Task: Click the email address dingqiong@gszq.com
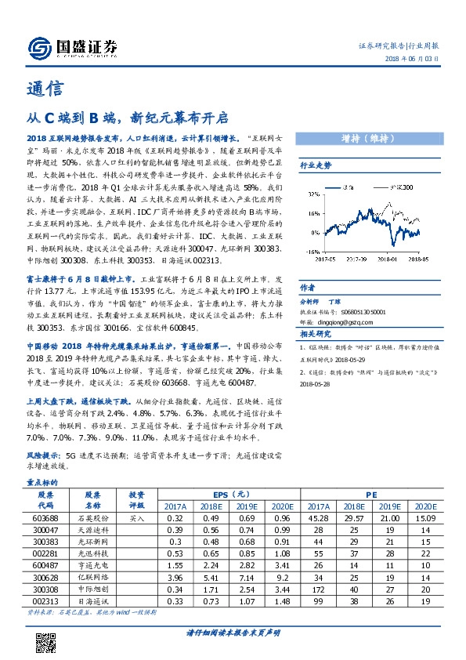(341, 321)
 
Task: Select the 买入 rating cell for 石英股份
(137, 518)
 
